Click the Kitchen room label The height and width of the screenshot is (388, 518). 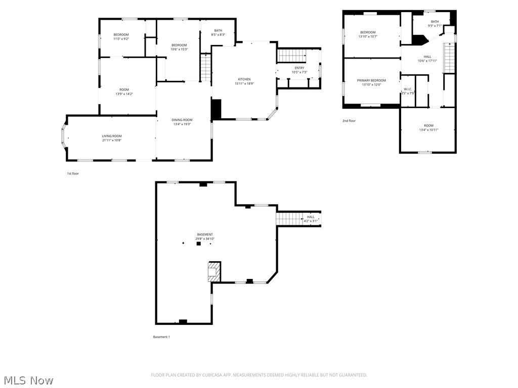tap(244, 79)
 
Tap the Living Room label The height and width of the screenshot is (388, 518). tap(112, 136)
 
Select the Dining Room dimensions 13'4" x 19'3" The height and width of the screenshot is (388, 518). tap(183, 124)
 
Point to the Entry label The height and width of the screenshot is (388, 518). tap(299, 68)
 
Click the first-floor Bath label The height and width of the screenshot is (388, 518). tap(218, 30)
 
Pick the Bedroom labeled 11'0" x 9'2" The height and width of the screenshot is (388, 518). tap(121, 34)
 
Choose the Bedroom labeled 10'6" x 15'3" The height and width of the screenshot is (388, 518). tap(179, 45)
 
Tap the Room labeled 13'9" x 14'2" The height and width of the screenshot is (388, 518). tap(124, 89)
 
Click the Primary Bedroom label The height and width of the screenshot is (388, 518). tap(371, 80)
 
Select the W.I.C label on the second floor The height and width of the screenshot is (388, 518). tap(407, 89)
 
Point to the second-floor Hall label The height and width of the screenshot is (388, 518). tap(427, 57)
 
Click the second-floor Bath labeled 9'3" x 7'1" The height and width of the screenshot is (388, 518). tap(435, 21)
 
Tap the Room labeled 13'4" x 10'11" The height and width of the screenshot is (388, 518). tap(428, 125)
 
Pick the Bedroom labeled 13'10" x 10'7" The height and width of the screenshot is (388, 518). tap(368, 32)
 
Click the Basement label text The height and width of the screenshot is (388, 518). tap(205, 234)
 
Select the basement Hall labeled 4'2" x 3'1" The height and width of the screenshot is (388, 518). tap(311, 217)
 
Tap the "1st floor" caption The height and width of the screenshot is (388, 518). tap(73, 173)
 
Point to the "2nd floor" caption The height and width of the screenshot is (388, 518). tap(349, 121)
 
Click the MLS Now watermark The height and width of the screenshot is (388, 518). tap(28, 380)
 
